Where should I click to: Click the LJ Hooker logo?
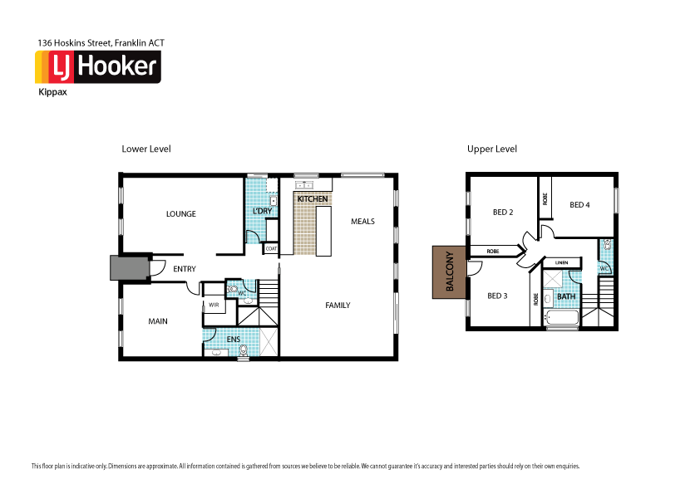tap(97, 67)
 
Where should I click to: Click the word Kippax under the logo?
tap(52, 93)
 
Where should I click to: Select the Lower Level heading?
tap(146, 149)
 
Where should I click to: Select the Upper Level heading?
tap(492, 149)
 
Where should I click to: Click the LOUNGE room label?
tap(181, 214)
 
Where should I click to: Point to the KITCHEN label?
tap(313, 200)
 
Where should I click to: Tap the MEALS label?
tap(362, 222)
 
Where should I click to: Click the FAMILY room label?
tap(338, 306)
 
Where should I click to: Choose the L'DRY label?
tap(262, 212)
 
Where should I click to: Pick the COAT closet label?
tap(271, 247)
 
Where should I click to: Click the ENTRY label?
tap(185, 269)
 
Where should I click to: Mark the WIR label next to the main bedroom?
tap(214, 305)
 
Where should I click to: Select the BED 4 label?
tap(579, 204)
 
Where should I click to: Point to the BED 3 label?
tap(497, 296)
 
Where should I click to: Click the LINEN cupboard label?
tap(561, 263)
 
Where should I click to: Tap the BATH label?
tap(566, 296)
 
